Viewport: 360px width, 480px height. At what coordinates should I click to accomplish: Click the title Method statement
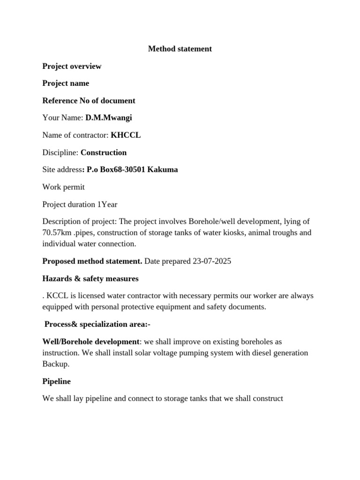coord(180,49)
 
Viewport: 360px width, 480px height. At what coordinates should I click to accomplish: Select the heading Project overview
coord(72,66)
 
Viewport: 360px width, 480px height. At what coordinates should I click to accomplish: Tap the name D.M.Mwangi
coord(105,118)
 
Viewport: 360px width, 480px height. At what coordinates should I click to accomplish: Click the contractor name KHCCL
coord(126,135)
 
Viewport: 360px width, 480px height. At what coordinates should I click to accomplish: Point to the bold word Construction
coord(104,153)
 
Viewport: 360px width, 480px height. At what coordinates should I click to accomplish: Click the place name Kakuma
coord(163,170)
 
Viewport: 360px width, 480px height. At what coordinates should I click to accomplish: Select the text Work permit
coord(64,187)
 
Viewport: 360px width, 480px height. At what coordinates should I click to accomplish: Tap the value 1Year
coord(108,204)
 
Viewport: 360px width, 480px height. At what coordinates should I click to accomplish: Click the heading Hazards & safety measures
coord(90,279)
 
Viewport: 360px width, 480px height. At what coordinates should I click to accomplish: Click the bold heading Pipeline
coord(57,382)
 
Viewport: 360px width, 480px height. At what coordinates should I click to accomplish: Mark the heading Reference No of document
coord(89,101)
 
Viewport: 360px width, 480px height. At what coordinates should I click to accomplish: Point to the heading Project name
coord(66,83)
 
